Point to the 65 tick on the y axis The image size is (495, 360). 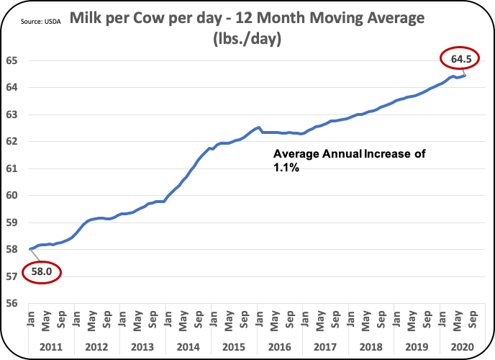[13, 60]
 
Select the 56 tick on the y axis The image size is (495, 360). [13, 303]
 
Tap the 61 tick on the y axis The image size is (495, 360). [13, 168]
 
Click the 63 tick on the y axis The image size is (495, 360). [13, 114]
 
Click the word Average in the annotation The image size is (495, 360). [296, 153]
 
